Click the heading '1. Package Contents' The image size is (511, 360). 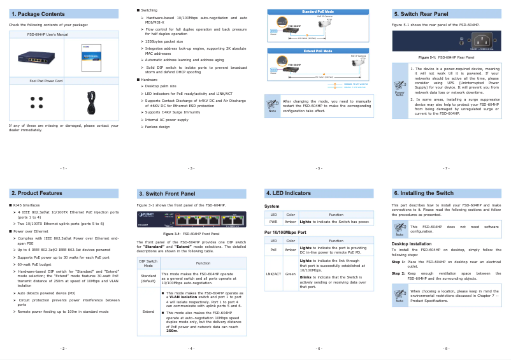38,13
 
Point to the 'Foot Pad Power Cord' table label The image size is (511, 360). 46,81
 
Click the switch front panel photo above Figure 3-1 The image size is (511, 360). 191,220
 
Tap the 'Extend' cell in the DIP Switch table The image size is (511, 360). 148,312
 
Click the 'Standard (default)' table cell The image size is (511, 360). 148,278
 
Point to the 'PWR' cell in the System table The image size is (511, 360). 273,222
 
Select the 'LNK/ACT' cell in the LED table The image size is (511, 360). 273,274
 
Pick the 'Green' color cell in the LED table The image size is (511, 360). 290,274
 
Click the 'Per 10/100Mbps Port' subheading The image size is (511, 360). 284,232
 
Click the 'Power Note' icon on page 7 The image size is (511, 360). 399,90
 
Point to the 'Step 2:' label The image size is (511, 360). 398,273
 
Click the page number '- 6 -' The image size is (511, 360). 319,349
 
